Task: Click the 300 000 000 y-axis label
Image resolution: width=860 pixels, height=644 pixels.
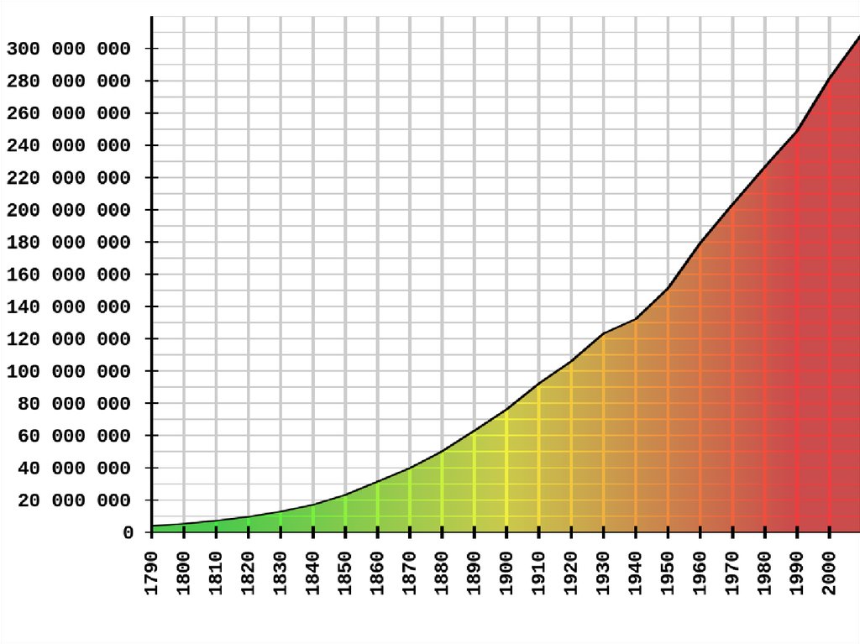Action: tap(69, 49)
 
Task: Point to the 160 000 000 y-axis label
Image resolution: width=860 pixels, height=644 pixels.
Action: tap(69, 275)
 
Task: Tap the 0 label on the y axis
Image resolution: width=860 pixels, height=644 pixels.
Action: tap(128, 533)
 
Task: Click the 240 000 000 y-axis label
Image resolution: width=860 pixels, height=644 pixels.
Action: tap(69, 145)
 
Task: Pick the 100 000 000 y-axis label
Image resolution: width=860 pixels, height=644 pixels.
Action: tap(69, 372)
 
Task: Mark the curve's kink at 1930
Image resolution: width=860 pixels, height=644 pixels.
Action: tap(604, 334)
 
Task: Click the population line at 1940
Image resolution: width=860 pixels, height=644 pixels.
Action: tap(636, 318)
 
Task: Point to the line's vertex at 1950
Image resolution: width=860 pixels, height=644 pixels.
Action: tap(669, 288)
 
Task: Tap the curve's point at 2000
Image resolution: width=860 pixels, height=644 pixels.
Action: tap(830, 78)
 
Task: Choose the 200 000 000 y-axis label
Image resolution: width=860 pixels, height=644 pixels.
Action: tap(69, 210)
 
